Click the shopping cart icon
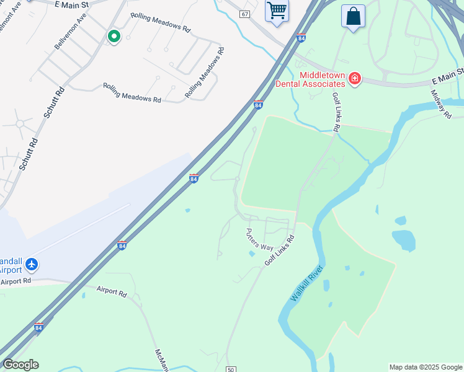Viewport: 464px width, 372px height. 277,11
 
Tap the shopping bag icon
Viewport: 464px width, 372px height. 353,17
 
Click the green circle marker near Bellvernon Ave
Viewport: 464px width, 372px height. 114,37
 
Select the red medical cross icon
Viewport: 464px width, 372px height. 354,79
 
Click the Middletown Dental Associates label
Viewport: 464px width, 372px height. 322,79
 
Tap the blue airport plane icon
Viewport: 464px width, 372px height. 32,265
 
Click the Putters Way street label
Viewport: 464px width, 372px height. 259,239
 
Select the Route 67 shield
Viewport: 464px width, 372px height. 245,14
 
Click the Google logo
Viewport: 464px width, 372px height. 20,365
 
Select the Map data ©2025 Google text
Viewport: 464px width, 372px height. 426,367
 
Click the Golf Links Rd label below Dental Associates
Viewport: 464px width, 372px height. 336,112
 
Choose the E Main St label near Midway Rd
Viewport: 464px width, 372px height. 448,77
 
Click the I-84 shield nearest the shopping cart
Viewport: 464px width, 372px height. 301,38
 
